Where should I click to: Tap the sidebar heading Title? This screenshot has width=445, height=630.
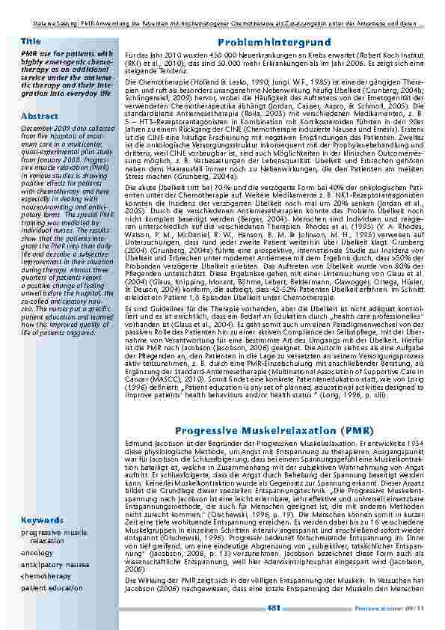tap(31, 40)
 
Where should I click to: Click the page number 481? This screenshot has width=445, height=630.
tap(274, 608)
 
